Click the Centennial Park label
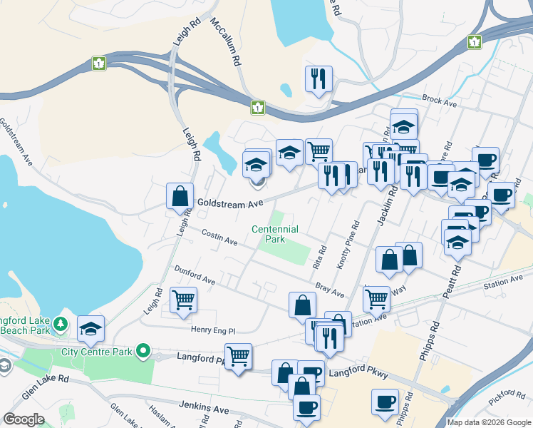pos(274,235)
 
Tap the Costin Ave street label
pos(219,237)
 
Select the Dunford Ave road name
pos(195,275)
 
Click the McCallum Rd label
pos(226,43)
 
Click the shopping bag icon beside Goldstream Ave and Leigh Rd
pos(180,195)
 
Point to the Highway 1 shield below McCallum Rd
pos(257,108)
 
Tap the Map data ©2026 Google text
pos(490,422)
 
